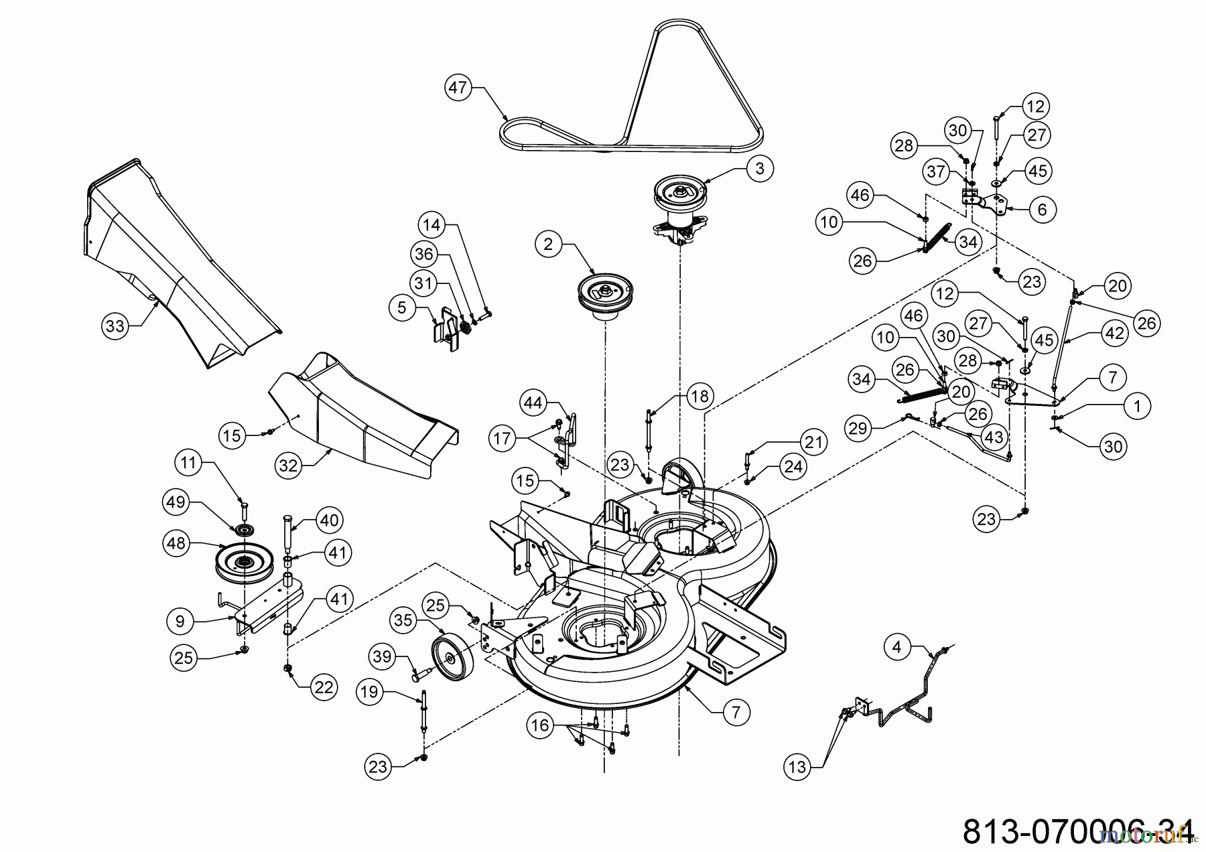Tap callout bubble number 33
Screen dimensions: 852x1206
(x=115, y=326)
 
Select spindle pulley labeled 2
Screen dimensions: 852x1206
(x=603, y=295)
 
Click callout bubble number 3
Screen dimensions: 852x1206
(x=759, y=169)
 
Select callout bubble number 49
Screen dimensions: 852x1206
(x=176, y=502)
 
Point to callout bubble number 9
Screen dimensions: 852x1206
(x=180, y=621)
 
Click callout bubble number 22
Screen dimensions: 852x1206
(x=324, y=689)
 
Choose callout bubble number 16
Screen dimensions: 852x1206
(x=540, y=725)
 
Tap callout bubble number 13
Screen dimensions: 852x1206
(x=797, y=766)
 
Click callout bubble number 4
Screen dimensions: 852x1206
(x=897, y=647)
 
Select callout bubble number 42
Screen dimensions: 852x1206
(x=1114, y=334)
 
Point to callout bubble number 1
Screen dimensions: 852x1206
(x=1136, y=405)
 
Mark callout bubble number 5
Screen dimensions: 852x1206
(x=402, y=307)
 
